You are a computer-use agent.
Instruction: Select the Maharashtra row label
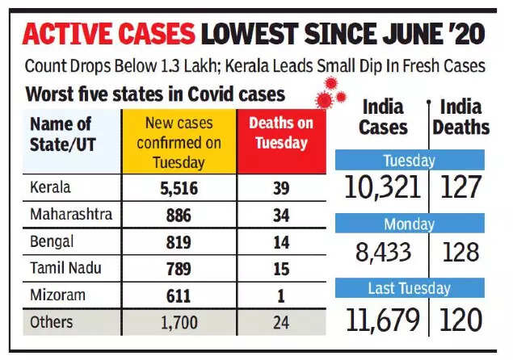click(70, 215)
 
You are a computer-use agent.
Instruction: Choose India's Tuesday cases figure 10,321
click(382, 187)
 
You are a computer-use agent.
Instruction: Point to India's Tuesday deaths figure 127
click(460, 187)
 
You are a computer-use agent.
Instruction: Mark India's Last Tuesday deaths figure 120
click(460, 319)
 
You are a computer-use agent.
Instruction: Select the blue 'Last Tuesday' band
click(410, 288)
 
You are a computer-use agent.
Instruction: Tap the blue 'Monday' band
click(410, 223)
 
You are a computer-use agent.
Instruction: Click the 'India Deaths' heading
click(461, 117)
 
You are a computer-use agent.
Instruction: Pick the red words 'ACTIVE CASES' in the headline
click(110, 33)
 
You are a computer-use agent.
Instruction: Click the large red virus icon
click(324, 100)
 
